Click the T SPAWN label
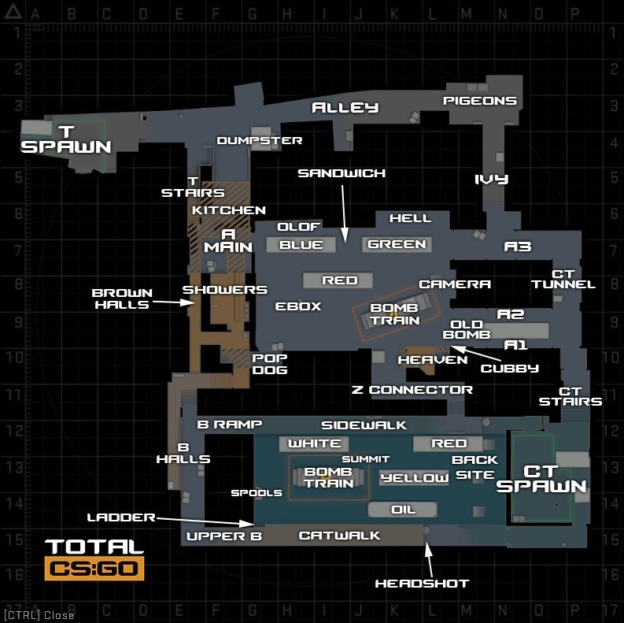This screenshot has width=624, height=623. [x=66, y=140]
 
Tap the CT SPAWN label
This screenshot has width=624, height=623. [x=541, y=479]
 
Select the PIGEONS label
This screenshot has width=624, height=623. [x=480, y=101]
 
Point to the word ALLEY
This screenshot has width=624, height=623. [x=345, y=107]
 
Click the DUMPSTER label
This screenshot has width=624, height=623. [x=260, y=141]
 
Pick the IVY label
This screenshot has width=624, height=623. [x=492, y=180]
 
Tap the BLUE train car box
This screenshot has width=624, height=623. [x=301, y=245]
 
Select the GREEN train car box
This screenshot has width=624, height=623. [x=397, y=244]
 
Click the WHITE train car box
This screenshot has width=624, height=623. [x=314, y=443]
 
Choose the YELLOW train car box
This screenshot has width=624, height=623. [x=414, y=477]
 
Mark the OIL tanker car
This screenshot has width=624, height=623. [x=403, y=510]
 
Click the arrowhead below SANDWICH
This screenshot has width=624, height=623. [x=345, y=235]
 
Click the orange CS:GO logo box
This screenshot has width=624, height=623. [x=94, y=568]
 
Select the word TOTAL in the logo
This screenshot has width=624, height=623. [x=94, y=547]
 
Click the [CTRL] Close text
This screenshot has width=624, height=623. [x=39, y=615]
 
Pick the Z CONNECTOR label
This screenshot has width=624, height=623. [x=412, y=390]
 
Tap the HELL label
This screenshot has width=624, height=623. [x=410, y=218]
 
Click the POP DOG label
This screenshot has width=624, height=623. [x=270, y=364]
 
